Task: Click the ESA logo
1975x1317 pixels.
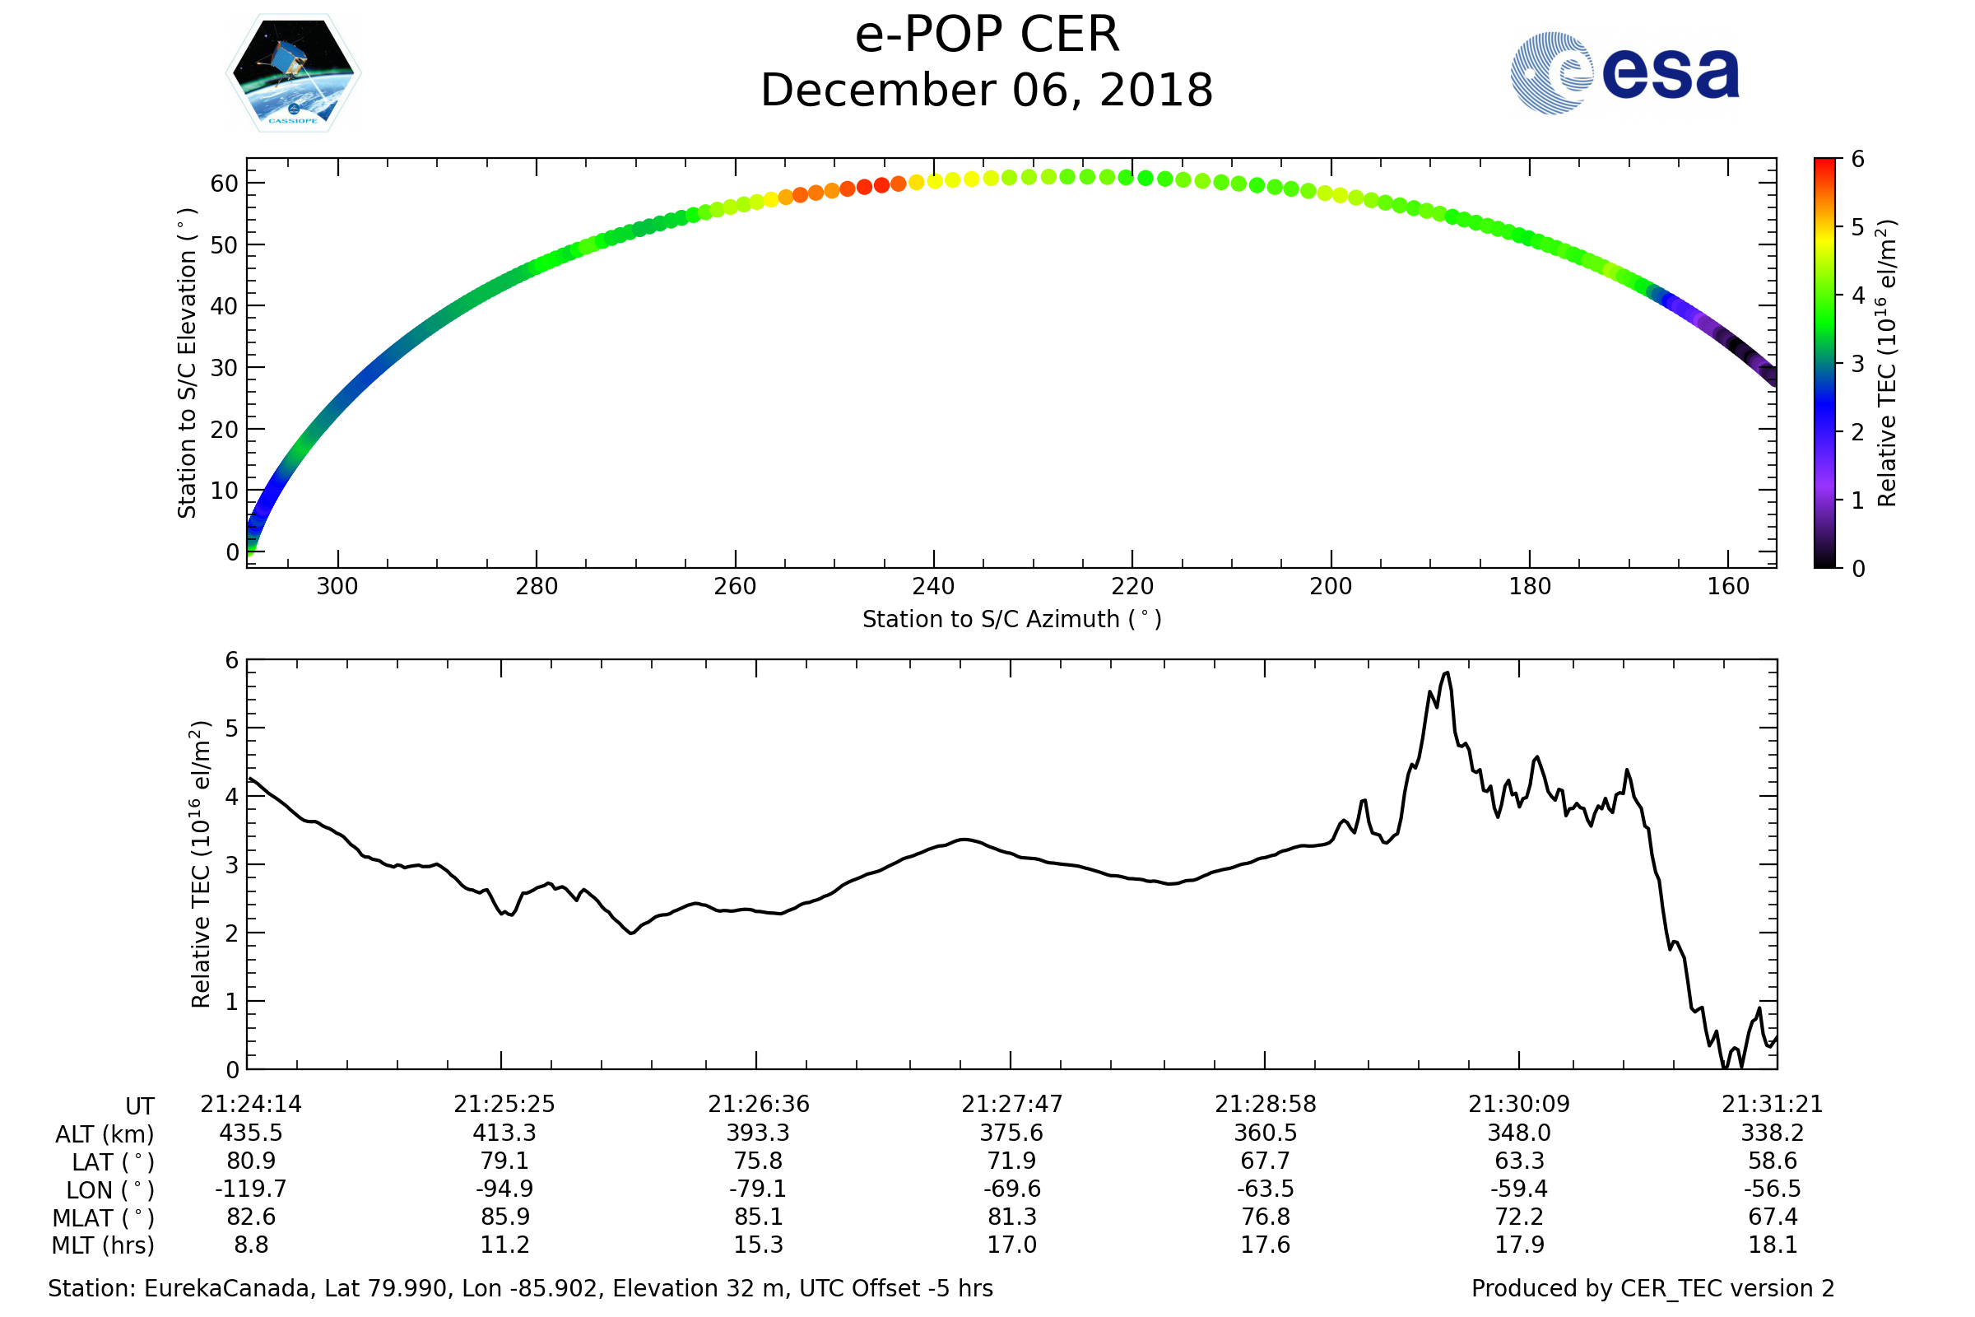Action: [1624, 73]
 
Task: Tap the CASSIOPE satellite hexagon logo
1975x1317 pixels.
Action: [294, 73]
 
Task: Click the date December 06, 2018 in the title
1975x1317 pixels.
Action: [987, 91]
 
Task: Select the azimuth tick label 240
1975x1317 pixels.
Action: [933, 586]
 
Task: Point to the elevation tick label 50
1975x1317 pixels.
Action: [224, 245]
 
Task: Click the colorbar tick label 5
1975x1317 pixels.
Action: [1858, 228]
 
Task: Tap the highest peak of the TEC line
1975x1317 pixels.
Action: [1446, 672]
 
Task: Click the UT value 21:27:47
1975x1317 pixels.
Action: [1012, 1105]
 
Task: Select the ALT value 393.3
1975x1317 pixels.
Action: [758, 1133]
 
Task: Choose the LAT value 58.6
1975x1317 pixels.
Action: [1773, 1161]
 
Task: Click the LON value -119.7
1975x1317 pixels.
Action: [250, 1189]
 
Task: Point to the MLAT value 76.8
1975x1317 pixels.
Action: [1266, 1217]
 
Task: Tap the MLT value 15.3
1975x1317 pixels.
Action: [758, 1245]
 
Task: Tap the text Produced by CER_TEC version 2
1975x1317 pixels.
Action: [1652, 1288]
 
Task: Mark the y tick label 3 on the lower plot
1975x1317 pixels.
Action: [232, 865]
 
